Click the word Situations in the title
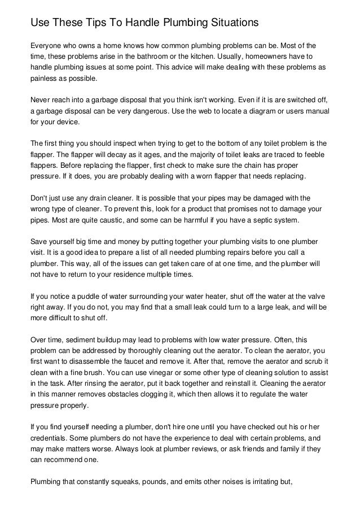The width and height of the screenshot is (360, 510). pos(231,23)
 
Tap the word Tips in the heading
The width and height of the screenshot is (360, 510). pos(90,23)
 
